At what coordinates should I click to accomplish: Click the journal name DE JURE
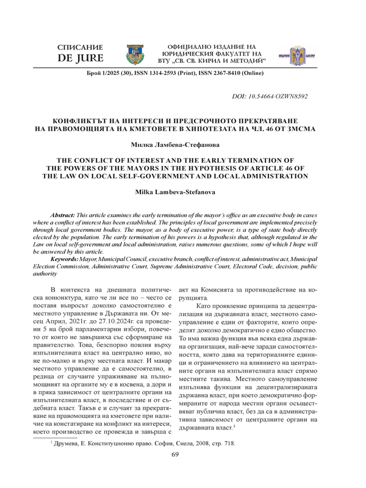point(79,59)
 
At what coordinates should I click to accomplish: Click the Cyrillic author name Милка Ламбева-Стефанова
point(182,144)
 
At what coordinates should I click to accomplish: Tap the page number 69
point(175,472)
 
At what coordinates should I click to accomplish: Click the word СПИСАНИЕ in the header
point(79,48)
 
